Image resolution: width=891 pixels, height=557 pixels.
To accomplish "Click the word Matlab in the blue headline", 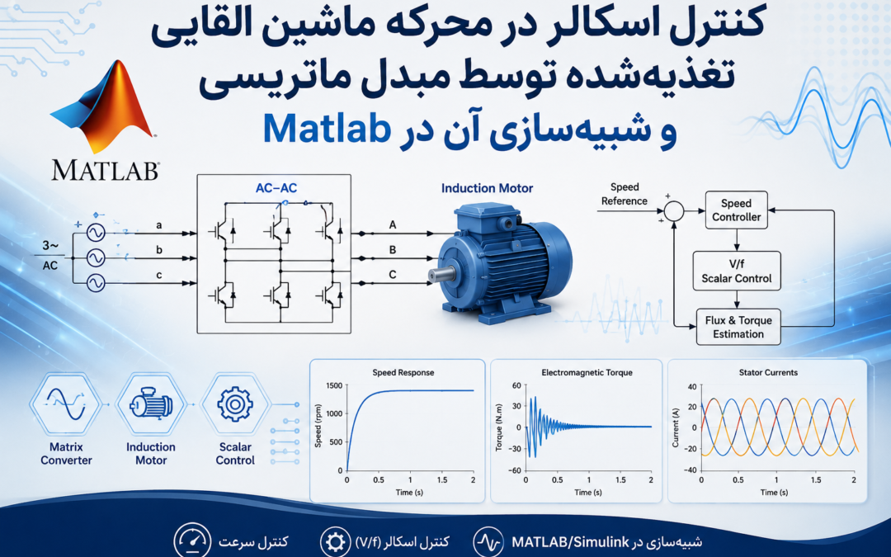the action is click(x=327, y=129).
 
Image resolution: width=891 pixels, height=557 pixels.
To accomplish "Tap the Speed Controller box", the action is click(x=737, y=210).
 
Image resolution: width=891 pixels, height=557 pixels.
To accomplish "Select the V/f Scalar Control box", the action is click(x=737, y=271).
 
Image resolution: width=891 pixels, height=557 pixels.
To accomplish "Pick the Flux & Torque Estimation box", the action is click(x=738, y=327).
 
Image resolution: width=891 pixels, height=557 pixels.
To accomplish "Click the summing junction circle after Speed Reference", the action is click(x=674, y=211).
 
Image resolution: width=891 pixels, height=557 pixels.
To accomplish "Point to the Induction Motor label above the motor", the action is click(x=487, y=188).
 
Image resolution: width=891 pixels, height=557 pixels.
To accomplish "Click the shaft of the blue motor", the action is click(x=441, y=275).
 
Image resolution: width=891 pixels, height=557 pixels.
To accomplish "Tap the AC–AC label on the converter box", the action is click(x=276, y=188).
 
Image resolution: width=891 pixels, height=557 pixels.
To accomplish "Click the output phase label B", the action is click(x=392, y=249).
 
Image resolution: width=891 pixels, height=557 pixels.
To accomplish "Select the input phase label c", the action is click(x=159, y=275).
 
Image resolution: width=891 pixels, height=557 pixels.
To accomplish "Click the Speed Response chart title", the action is click(x=403, y=373).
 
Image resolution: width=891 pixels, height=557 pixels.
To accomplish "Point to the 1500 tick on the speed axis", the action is click(x=334, y=386).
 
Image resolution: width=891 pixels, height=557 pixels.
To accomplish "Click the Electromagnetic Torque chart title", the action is click(x=587, y=373).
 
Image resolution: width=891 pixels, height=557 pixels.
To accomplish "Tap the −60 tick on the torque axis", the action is click(x=514, y=470).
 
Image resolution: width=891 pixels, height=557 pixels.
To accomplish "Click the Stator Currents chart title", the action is click(x=768, y=373).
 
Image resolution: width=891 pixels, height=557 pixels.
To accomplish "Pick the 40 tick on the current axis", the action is click(x=691, y=387).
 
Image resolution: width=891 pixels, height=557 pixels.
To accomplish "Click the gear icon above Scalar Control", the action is click(x=234, y=404).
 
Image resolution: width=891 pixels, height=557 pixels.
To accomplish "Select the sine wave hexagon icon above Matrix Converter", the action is click(x=67, y=404).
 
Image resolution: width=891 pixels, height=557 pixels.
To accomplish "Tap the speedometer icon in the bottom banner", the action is click(x=192, y=541).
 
